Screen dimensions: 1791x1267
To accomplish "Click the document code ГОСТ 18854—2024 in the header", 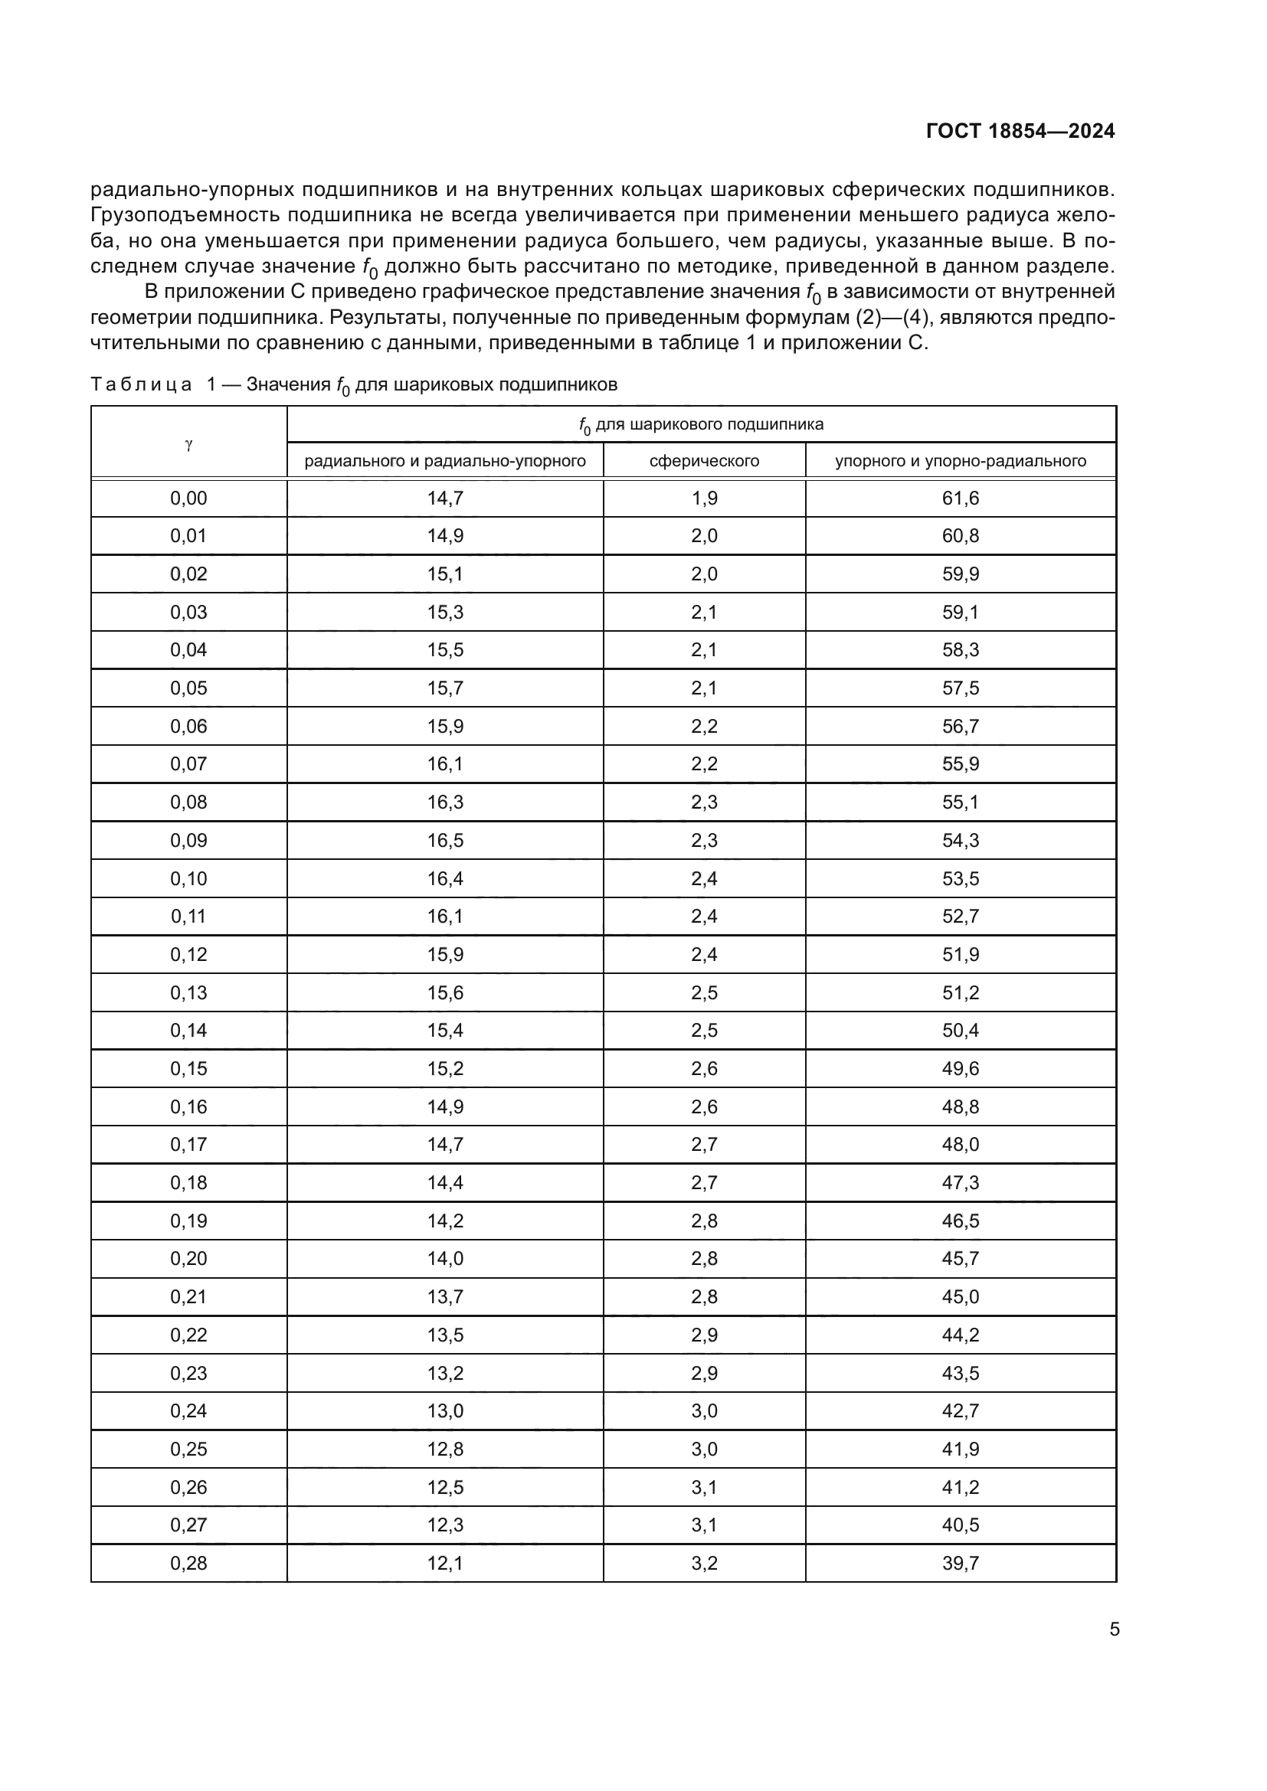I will (x=1020, y=131).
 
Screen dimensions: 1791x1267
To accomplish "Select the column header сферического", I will (x=704, y=461).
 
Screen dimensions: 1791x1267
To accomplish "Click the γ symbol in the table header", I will (x=188, y=444).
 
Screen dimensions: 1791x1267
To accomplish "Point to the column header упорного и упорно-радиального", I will (x=961, y=461).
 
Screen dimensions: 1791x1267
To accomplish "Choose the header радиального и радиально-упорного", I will (x=445, y=461).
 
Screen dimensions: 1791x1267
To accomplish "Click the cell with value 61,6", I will (x=961, y=498).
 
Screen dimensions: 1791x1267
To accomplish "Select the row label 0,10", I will (x=188, y=878).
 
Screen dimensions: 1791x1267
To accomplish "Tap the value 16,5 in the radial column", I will (x=445, y=840).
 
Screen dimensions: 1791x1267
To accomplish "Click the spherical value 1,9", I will (x=704, y=498).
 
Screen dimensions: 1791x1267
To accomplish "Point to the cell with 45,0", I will (x=961, y=1296).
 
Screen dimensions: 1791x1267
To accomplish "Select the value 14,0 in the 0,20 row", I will (x=445, y=1258).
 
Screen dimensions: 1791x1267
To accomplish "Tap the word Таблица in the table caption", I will (x=141, y=384).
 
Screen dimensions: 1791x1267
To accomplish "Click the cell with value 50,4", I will (x=961, y=1031).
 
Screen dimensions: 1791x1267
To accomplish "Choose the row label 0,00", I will (x=188, y=498).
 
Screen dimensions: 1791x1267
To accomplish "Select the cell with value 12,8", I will (x=445, y=1449).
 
